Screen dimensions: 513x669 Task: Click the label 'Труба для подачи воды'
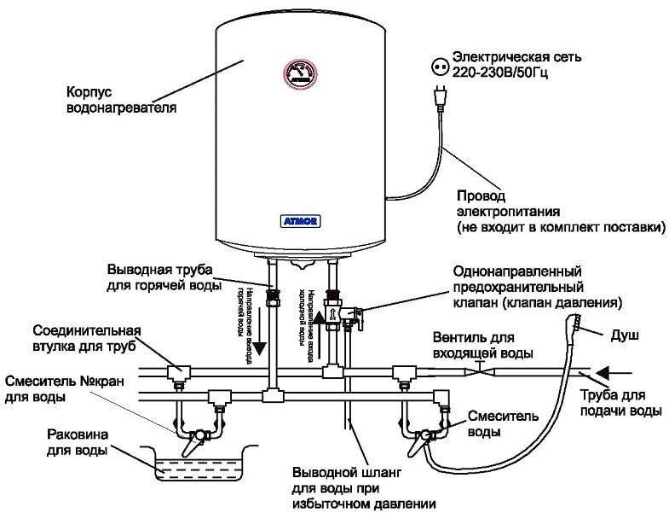coord(620,403)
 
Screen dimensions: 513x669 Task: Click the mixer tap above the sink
coord(195,436)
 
